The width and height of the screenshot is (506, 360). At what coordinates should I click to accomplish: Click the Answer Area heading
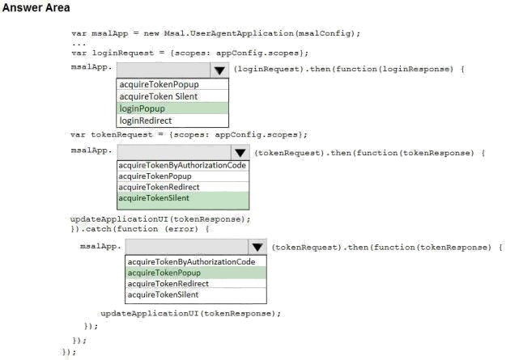[x=36, y=7]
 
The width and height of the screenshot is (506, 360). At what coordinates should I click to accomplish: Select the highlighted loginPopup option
[x=142, y=108]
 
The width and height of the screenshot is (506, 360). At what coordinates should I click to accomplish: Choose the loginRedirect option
[x=146, y=121]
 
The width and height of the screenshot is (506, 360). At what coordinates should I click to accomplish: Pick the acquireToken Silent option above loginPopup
[x=159, y=96]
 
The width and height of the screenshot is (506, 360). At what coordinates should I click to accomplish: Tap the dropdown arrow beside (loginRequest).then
[x=219, y=70]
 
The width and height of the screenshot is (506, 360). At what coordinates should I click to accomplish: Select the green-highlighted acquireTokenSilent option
[x=154, y=198]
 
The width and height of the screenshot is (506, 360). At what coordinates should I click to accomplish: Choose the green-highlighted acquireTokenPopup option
[x=164, y=273]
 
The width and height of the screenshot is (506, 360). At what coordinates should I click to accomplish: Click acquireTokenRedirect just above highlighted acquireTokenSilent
[x=159, y=187]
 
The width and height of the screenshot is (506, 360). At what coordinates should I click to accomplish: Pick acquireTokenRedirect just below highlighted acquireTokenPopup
[x=168, y=284]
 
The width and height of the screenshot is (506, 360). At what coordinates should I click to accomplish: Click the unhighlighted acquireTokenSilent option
[x=163, y=294]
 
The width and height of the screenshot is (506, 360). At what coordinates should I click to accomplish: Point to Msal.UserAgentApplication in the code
[x=229, y=33]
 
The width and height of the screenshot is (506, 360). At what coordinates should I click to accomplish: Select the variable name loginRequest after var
[x=123, y=53]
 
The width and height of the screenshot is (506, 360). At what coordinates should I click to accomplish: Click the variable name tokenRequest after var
[x=121, y=134]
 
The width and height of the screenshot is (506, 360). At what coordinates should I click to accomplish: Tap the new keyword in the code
[x=151, y=33]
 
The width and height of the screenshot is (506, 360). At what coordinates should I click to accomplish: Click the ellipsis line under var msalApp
[x=79, y=44]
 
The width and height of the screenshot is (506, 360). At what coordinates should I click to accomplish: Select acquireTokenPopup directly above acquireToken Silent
[x=159, y=84]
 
